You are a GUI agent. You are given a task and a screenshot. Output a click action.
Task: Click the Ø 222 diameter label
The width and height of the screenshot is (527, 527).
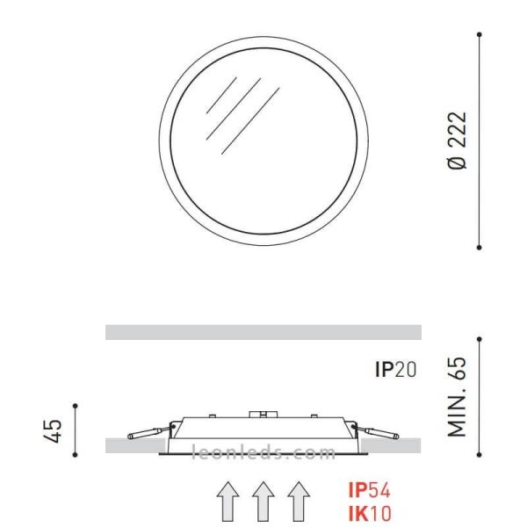pyautogui.click(x=458, y=141)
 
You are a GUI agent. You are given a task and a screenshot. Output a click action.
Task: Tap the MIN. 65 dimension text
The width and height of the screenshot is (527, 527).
pyautogui.click(x=458, y=396)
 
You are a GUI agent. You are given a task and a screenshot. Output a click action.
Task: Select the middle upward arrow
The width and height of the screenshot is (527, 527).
pyautogui.click(x=263, y=502)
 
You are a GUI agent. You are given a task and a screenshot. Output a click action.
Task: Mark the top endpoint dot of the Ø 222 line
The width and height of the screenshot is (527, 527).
pyautogui.click(x=479, y=34)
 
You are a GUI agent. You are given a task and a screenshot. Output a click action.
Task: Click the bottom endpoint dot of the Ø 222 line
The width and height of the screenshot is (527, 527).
pyautogui.click(x=479, y=248)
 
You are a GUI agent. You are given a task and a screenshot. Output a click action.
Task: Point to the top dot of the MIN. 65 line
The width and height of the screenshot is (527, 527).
pyautogui.click(x=479, y=339)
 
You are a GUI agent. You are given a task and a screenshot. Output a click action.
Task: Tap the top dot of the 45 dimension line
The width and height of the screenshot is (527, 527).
pyautogui.click(x=76, y=406)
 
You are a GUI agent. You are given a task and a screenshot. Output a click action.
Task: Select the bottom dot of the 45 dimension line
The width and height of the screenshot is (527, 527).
pyautogui.click(x=76, y=454)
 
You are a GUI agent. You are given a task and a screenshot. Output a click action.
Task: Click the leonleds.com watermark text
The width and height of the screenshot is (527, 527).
pyautogui.click(x=263, y=453)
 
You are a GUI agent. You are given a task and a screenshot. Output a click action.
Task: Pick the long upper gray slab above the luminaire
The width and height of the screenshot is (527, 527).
pyautogui.click(x=263, y=332)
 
